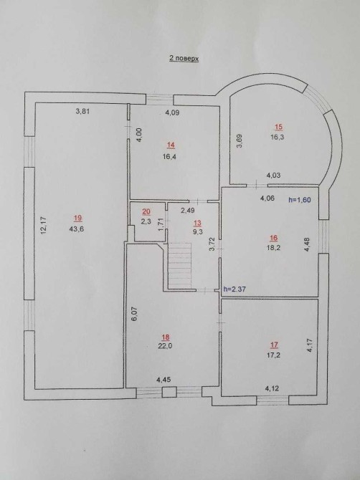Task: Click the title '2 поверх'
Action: (x=184, y=58)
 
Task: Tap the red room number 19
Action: (x=78, y=219)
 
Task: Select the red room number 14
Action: (x=171, y=145)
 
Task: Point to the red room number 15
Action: (x=278, y=127)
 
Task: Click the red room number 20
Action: (x=146, y=211)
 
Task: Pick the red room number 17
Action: (x=274, y=345)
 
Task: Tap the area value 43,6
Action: (x=77, y=229)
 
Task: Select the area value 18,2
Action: (x=274, y=247)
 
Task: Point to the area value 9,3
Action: (x=198, y=231)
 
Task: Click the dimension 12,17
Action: (x=44, y=226)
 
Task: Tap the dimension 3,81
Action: (x=82, y=112)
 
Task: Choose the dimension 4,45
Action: (x=164, y=380)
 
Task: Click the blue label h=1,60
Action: (x=300, y=200)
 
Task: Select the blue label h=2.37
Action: (x=235, y=289)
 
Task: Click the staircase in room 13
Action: (x=180, y=265)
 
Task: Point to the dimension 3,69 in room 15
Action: (x=240, y=141)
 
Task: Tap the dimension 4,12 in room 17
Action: (x=272, y=389)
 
